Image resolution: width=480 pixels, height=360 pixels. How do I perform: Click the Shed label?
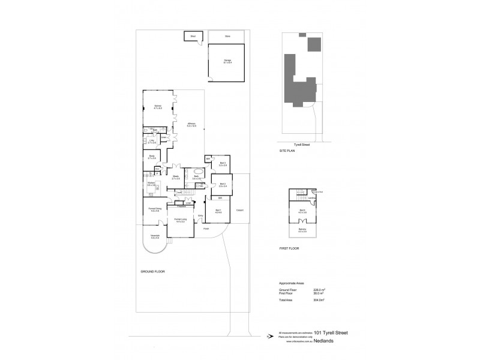point(193,37)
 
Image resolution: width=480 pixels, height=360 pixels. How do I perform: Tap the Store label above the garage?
point(227,37)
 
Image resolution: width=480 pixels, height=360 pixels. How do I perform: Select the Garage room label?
point(227,61)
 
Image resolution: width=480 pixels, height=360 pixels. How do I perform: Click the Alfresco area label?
point(191,125)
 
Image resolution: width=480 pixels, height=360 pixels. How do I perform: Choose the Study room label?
point(152,157)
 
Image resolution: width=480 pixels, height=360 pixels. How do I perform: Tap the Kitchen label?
point(151,184)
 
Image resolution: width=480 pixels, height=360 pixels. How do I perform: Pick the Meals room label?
point(176,178)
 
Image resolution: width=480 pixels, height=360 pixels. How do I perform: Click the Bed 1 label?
point(218,212)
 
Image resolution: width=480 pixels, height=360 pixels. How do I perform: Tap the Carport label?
point(240,211)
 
